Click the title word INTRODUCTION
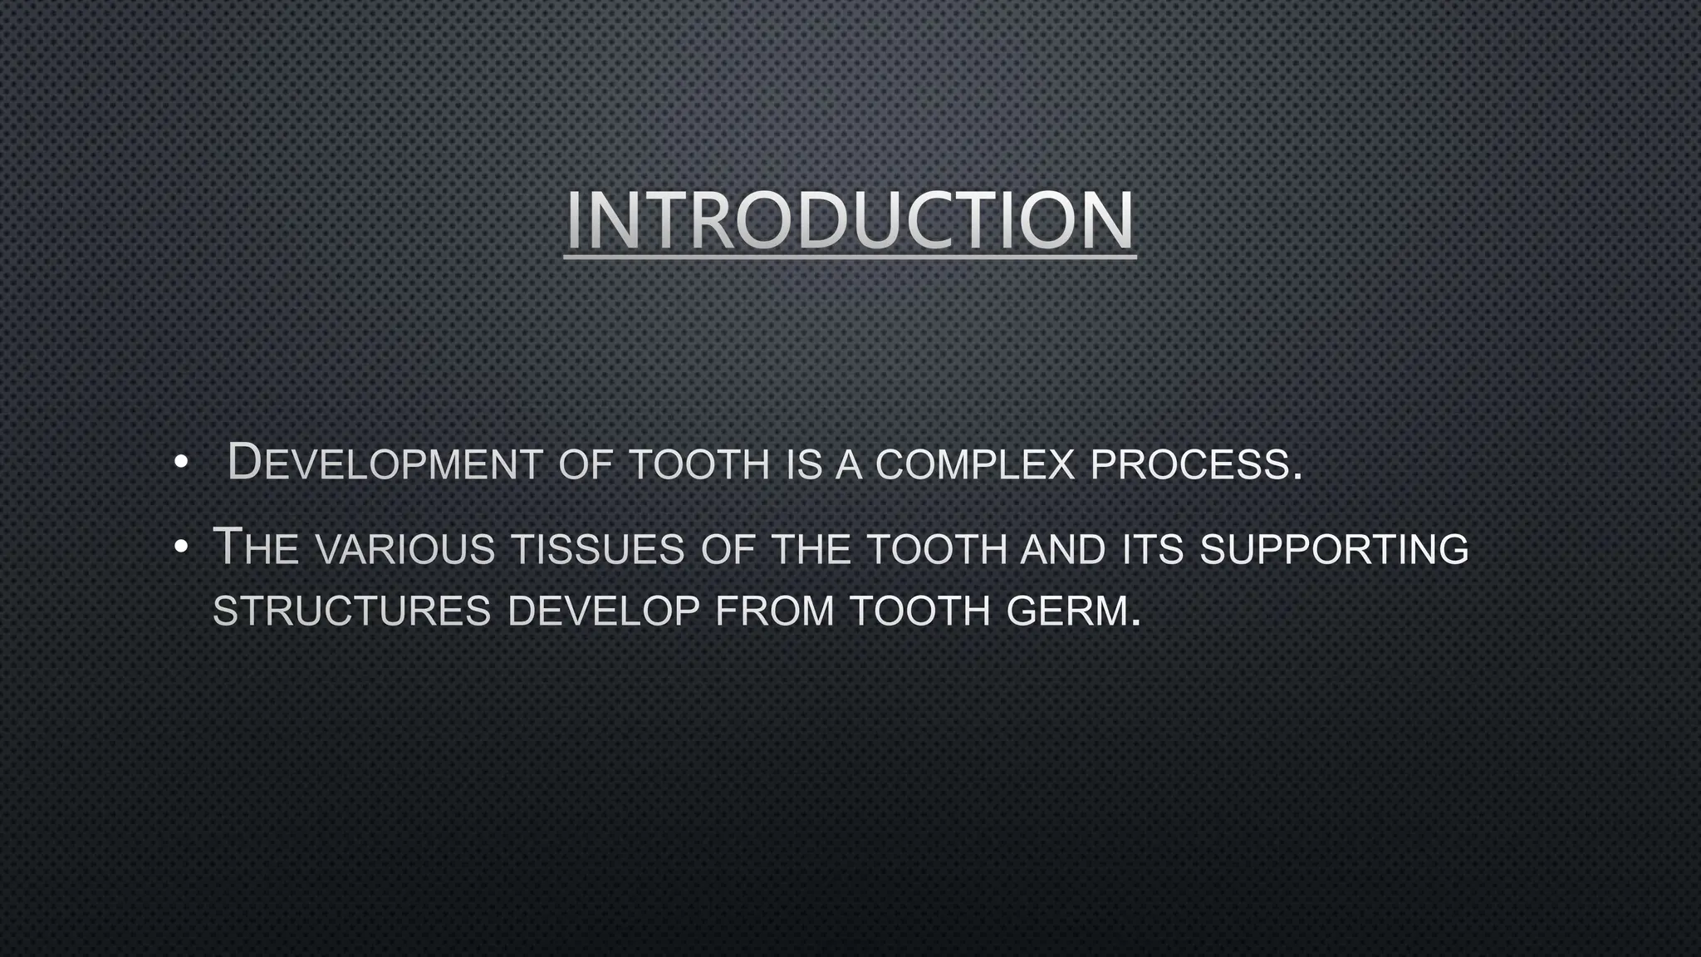point(850,220)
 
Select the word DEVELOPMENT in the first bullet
point(385,464)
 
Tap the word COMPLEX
point(975,465)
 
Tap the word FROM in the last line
point(774,612)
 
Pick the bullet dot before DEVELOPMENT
point(180,464)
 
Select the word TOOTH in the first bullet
point(700,465)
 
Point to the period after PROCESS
point(1297,478)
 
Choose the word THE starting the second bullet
point(256,548)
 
